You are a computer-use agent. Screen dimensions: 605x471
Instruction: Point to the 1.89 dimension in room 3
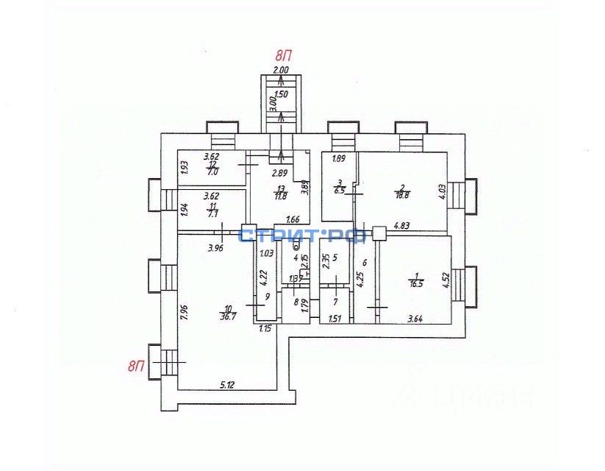[338, 159]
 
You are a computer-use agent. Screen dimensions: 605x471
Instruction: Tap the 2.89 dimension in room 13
[279, 174]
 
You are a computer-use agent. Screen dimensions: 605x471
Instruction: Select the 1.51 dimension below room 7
[335, 319]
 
